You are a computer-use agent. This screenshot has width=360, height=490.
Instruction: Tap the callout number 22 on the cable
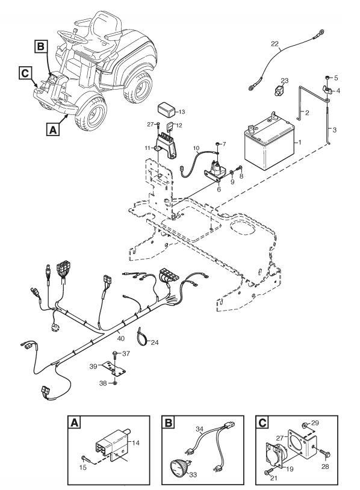tap(275, 44)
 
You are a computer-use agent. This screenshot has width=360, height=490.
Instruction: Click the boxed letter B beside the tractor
tap(40, 47)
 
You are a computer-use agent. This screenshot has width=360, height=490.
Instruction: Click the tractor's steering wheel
tap(72, 37)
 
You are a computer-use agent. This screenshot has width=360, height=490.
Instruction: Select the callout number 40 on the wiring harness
tap(120, 338)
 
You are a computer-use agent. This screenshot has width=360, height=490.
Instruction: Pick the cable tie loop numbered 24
tap(142, 336)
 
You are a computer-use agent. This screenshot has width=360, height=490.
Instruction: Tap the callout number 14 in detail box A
tap(136, 443)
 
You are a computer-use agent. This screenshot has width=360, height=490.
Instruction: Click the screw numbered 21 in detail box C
tap(268, 471)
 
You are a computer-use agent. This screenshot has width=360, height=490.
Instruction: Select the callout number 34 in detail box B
tap(200, 429)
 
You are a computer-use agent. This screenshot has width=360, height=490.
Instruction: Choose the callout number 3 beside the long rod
tap(334, 129)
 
